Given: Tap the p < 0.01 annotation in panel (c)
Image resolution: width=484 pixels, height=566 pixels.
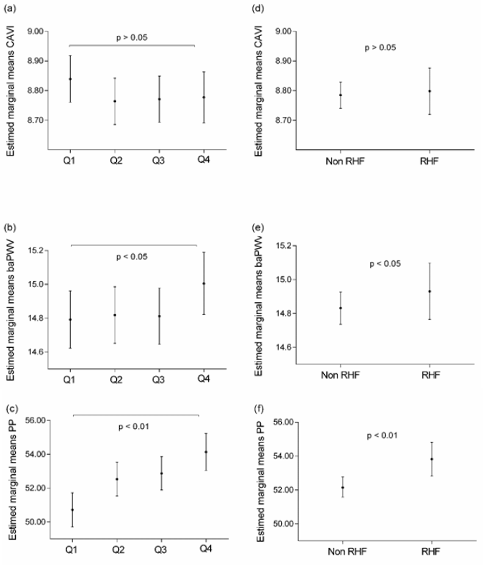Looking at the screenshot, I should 136,428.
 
